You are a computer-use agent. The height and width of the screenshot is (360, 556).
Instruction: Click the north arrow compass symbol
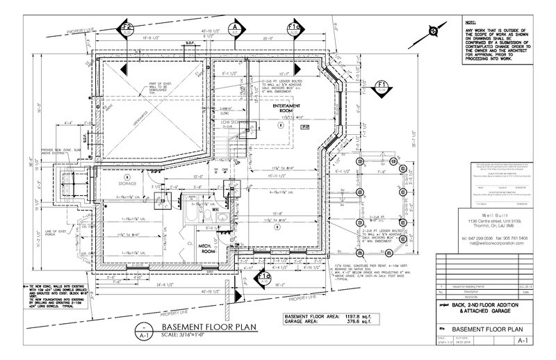coord(432,31)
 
